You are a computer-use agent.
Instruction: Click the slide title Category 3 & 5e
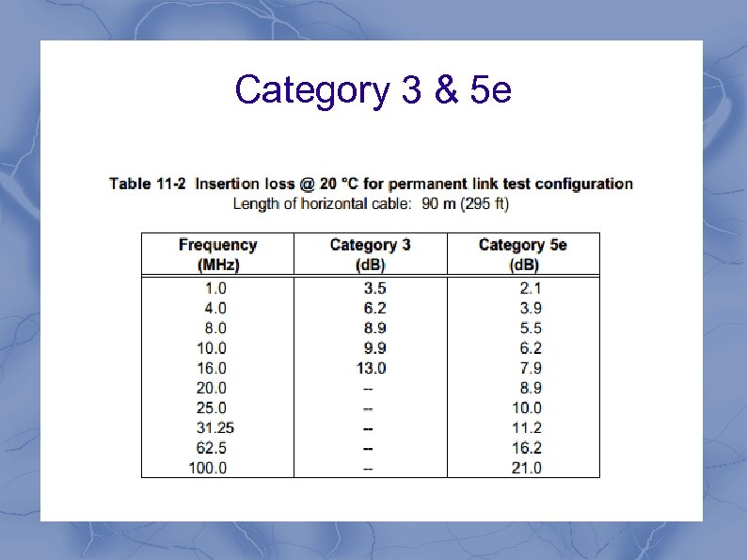(373, 90)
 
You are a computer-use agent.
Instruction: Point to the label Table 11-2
(149, 184)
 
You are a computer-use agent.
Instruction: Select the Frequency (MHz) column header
(217, 254)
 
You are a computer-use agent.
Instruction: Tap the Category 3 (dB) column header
(370, 254)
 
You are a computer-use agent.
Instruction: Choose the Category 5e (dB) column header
(523, 254)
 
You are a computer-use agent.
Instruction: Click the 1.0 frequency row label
(215, 288)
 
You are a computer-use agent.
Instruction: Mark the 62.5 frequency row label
(211, 448)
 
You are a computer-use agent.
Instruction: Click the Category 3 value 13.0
(371, 368)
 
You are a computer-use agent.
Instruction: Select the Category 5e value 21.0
(526, 468)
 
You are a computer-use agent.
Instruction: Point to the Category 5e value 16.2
(526, 448)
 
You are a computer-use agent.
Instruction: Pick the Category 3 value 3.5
(374, 288)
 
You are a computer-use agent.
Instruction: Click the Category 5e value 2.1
(531, 288)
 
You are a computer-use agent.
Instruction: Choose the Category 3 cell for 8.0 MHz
(374, 328)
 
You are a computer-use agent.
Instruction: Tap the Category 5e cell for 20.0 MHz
(531, 388)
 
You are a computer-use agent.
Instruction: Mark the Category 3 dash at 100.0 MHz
(369, 468)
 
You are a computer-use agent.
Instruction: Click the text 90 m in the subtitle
(437, 203)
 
